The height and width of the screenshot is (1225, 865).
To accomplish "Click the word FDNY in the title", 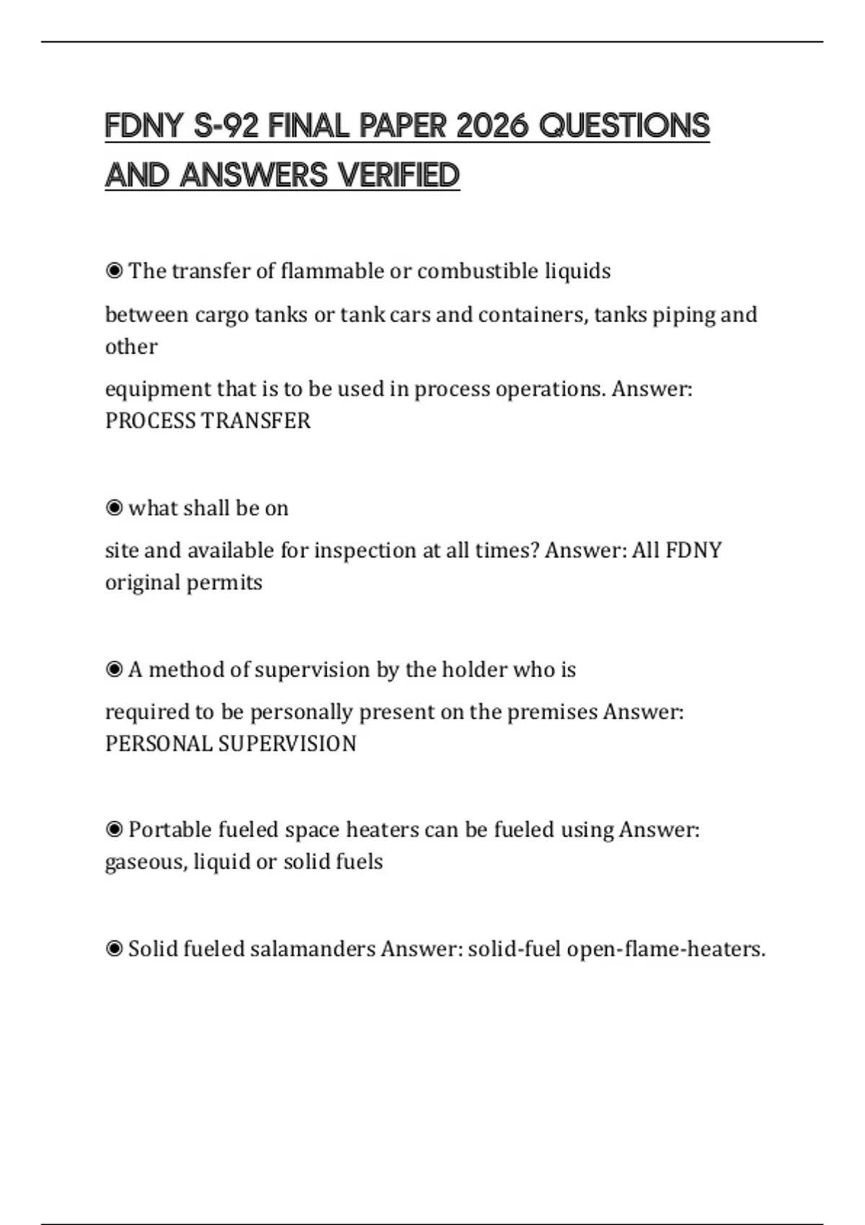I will click(143, 126).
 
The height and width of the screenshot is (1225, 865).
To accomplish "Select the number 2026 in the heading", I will click(492, 126).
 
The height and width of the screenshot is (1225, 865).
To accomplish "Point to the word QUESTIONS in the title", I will click(624, 126).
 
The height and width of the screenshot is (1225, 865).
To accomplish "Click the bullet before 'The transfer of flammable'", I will click(114, 271).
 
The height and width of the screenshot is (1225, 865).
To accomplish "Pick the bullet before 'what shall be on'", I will click(114, 508).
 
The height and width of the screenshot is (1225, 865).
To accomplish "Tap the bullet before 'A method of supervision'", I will click(114, 669).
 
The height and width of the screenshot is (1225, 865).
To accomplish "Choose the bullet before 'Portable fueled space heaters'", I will click(114, 830).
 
